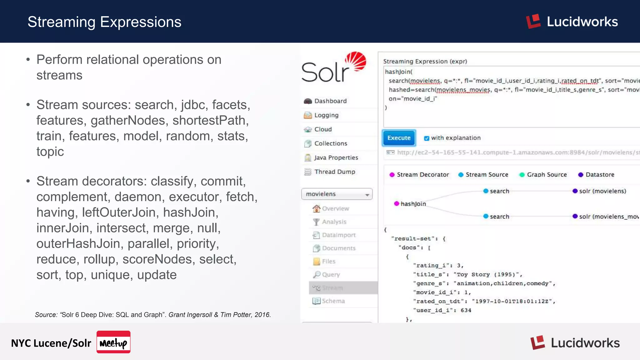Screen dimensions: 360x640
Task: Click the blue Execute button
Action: (399, 138)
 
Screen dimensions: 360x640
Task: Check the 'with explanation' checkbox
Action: (427, 138)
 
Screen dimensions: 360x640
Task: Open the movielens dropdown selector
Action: (337, 194)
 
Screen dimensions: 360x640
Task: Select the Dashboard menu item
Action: (330, 101)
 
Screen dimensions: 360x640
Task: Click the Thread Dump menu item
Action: (334, 172)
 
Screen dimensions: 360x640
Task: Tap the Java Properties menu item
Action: (336, 157)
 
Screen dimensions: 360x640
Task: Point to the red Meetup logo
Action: (113, 342)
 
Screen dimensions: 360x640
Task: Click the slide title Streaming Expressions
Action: (104, 22)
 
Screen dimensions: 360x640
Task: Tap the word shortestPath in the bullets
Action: (210, 120)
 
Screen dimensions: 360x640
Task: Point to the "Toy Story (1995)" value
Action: (488, 274)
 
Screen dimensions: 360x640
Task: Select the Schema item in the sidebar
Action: (333, 301)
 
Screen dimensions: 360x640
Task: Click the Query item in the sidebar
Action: (331, 274)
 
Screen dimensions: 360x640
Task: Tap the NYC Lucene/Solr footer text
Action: (51, 343)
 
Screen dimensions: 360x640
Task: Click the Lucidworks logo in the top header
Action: (572, 22)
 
